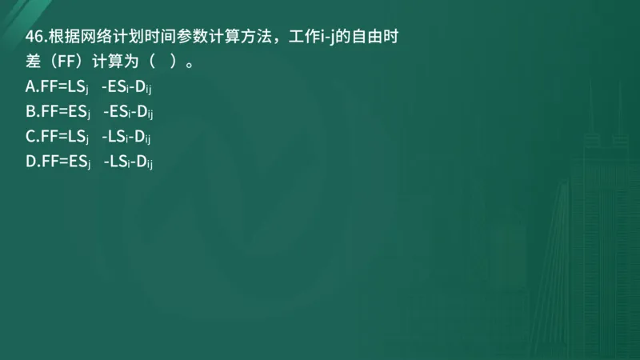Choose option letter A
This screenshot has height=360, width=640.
(30, 86)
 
